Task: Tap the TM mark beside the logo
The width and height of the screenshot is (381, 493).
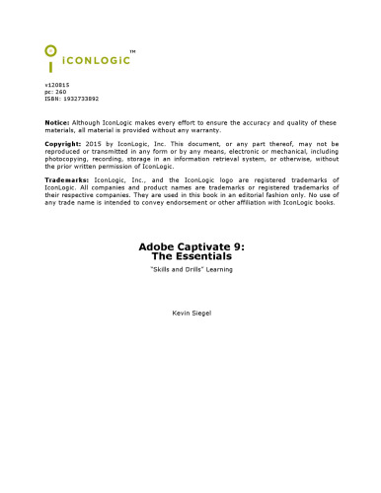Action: click(x=132, y=50)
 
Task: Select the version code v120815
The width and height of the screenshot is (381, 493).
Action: click(x=57, y=87)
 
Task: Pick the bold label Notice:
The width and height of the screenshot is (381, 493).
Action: click(x=57, y=122)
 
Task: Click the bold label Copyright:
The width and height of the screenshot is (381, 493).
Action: click(x=64, y=144)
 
